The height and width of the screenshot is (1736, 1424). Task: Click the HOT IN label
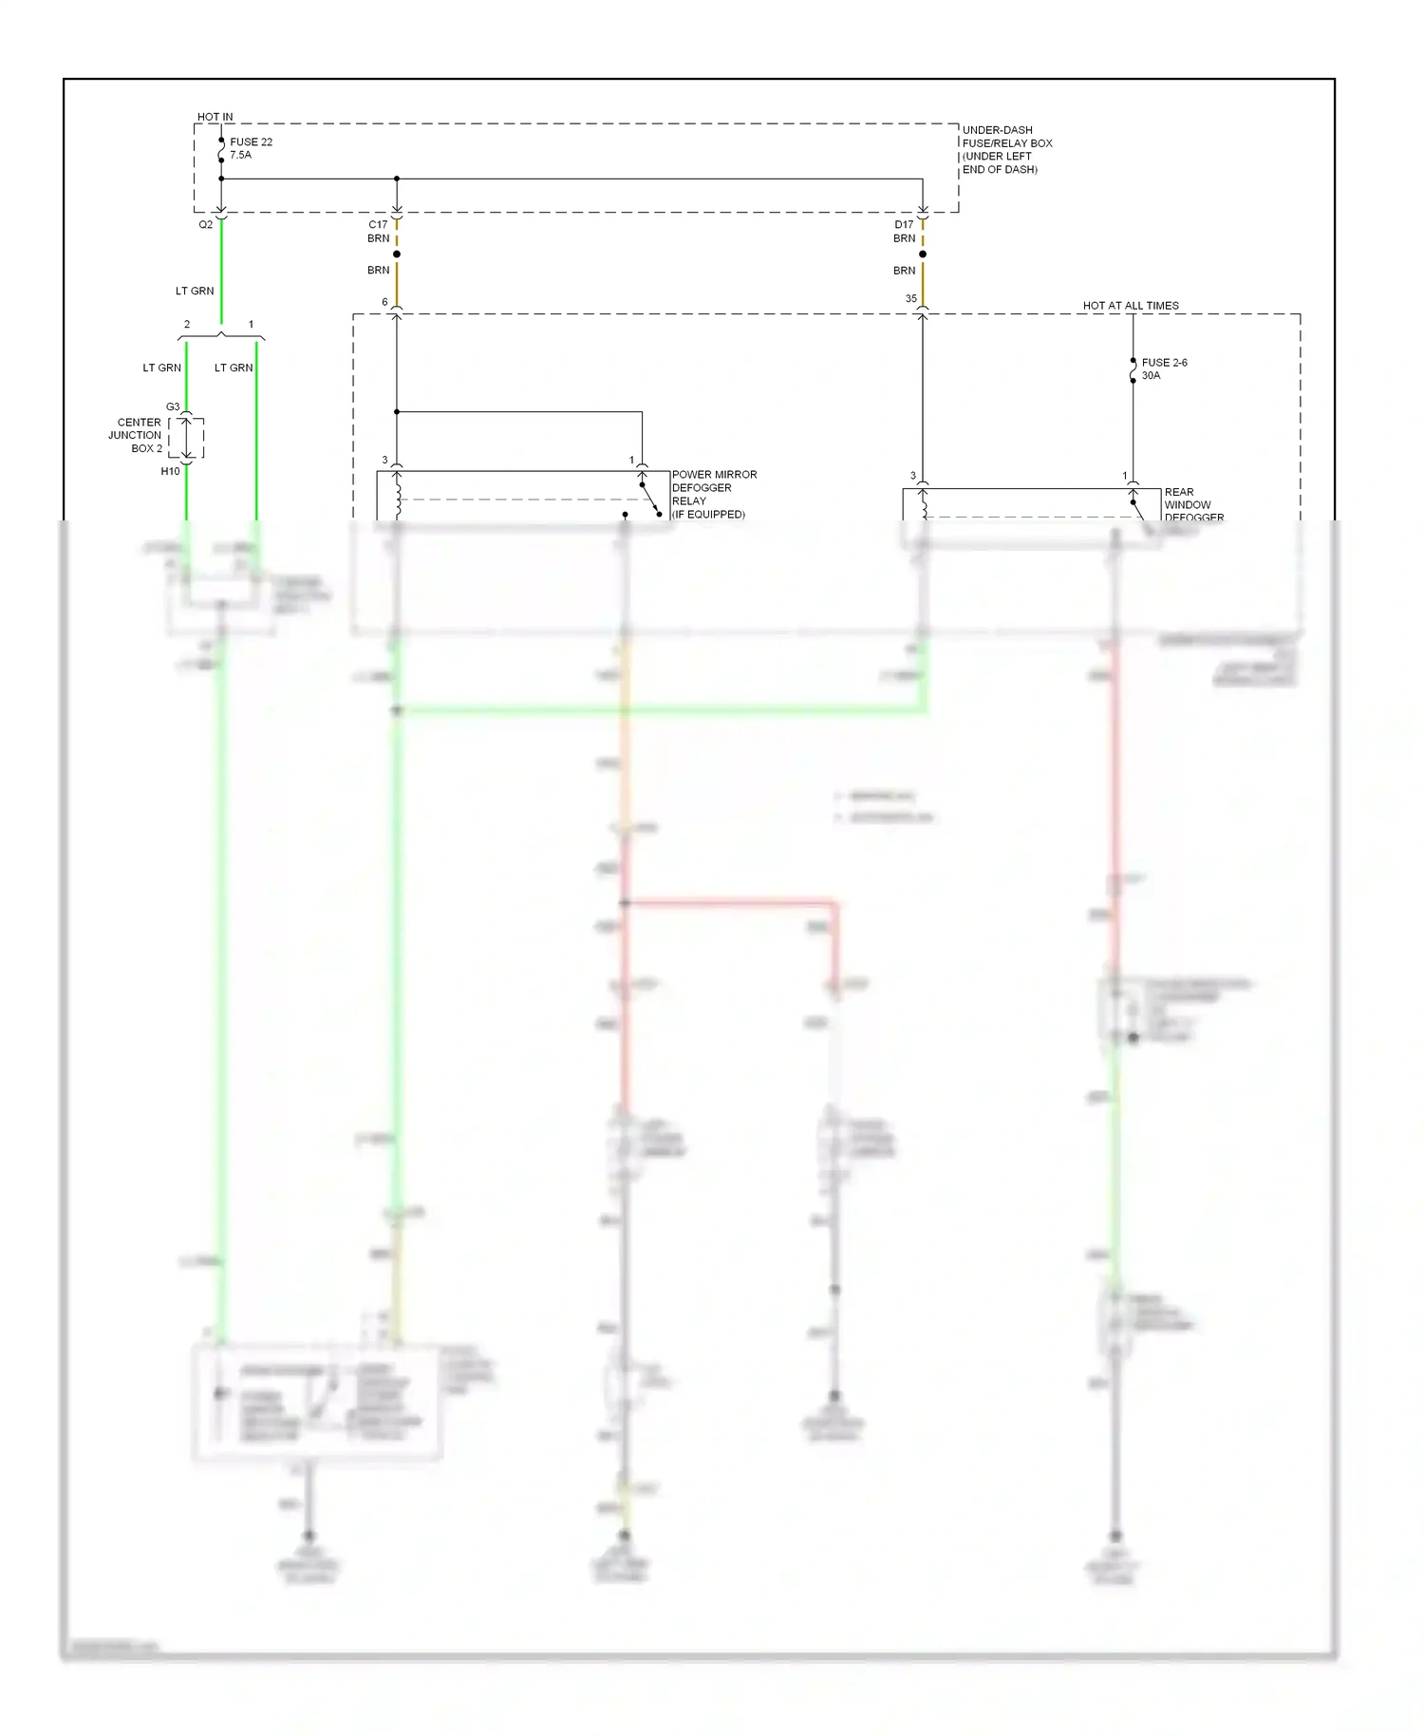215,117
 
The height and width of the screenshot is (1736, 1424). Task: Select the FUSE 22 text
251,142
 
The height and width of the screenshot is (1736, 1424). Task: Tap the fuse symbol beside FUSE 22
221,152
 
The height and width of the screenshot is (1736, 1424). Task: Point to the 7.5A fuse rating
240,155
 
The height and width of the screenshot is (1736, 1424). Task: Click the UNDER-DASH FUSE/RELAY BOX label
1006,149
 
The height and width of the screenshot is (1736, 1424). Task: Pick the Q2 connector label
206,225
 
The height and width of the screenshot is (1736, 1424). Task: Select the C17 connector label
378,225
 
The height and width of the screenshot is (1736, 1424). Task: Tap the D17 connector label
904,225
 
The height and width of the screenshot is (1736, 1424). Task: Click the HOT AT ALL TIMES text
1131,306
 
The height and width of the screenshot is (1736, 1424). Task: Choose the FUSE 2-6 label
1164,363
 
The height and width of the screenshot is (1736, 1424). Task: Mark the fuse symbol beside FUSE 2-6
1134,370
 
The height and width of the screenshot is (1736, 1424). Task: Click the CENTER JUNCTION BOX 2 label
137,435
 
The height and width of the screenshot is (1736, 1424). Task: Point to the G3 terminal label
173,407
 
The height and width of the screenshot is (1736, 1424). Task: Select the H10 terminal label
170,471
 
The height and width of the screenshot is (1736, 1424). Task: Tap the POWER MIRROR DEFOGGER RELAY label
714,494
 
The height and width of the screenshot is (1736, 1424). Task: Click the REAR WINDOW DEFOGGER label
1192,505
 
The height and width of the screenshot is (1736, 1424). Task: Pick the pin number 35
911,299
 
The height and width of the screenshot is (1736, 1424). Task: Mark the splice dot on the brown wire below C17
397,254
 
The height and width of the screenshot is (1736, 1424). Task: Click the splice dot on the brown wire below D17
923,254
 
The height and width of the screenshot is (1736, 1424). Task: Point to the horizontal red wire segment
731,902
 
